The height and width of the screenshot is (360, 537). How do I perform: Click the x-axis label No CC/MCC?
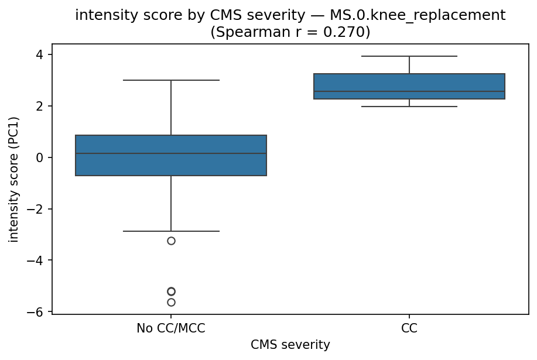click(171, 328)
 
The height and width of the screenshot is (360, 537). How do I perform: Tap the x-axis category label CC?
click(409, 328)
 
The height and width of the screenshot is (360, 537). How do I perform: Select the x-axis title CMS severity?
click(290, 345)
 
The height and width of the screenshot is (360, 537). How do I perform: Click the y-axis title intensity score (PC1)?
click(14, 179)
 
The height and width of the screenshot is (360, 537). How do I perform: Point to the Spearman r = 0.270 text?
click(290, 32)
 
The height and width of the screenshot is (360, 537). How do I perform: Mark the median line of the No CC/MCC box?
click(171, 153)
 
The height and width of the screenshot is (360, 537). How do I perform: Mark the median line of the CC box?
click(409, 91)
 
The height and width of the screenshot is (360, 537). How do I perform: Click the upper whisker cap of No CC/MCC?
click(171, 80)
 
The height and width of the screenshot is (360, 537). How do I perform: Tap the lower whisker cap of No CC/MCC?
click(171, 231)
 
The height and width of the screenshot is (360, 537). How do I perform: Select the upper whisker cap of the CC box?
click(409, 56)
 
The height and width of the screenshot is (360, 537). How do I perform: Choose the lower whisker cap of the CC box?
click(409, 107)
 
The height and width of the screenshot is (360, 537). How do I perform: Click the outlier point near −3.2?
click(171, 241)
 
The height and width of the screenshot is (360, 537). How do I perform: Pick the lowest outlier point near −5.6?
click(171, 302)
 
